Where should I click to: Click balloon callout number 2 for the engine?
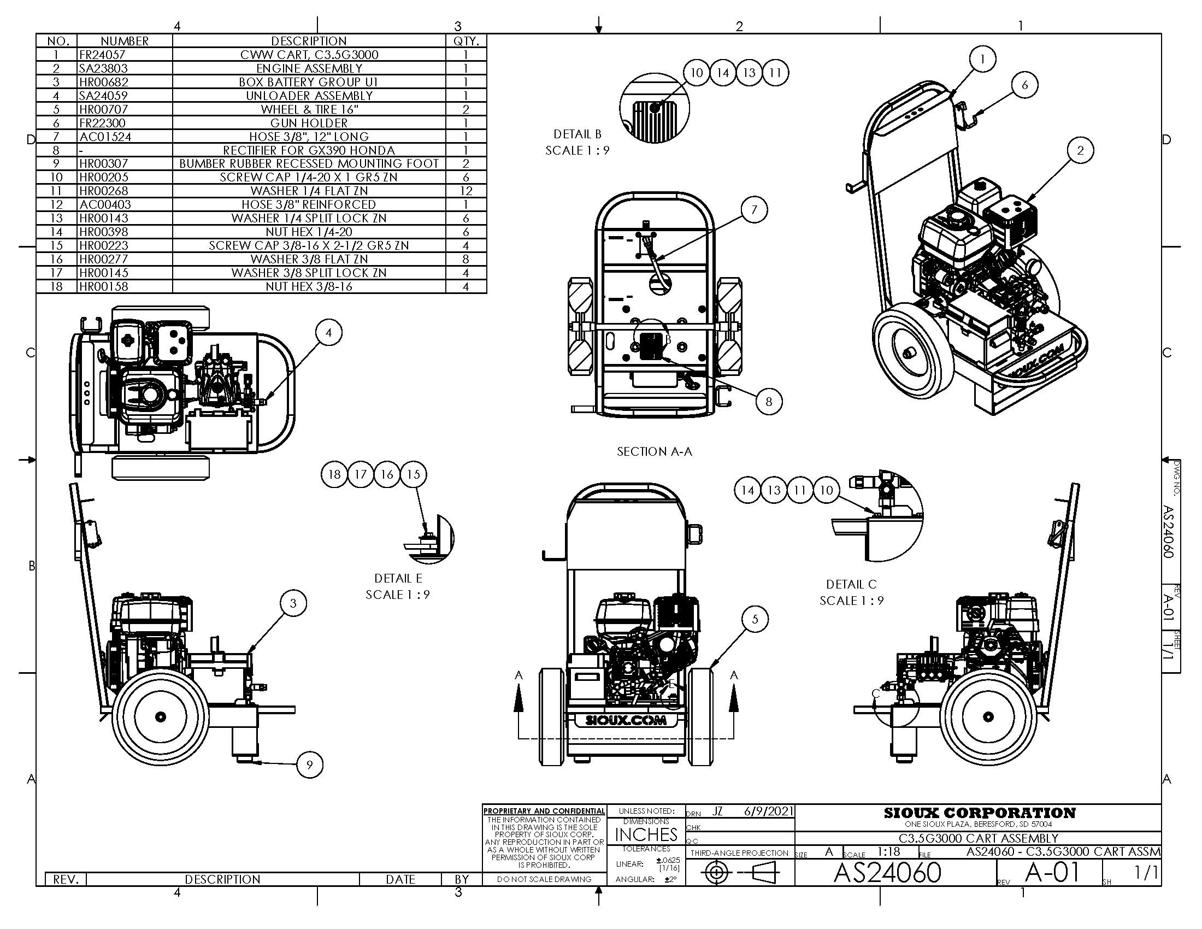[1080, 150]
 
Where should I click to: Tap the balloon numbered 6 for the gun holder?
[1024, 85]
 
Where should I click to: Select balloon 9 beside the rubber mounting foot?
[309, 765]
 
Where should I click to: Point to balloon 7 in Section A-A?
[754, 210]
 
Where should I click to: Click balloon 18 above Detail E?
[334, 474]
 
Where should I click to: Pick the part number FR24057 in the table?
[102, 55]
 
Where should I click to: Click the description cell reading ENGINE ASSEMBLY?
[309, 68]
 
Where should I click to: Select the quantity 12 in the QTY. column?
[466, 191]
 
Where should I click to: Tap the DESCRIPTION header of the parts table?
[309, 42]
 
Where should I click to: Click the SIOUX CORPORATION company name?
[979, 813]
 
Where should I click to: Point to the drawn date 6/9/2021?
[768, 812]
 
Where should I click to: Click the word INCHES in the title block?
[646, 835]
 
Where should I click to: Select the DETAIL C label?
[851, 585]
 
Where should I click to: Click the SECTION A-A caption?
[655, 452]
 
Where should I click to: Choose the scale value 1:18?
[889, 852]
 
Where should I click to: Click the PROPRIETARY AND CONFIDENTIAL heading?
[544, 811]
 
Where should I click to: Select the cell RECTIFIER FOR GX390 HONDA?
[309, 150]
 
